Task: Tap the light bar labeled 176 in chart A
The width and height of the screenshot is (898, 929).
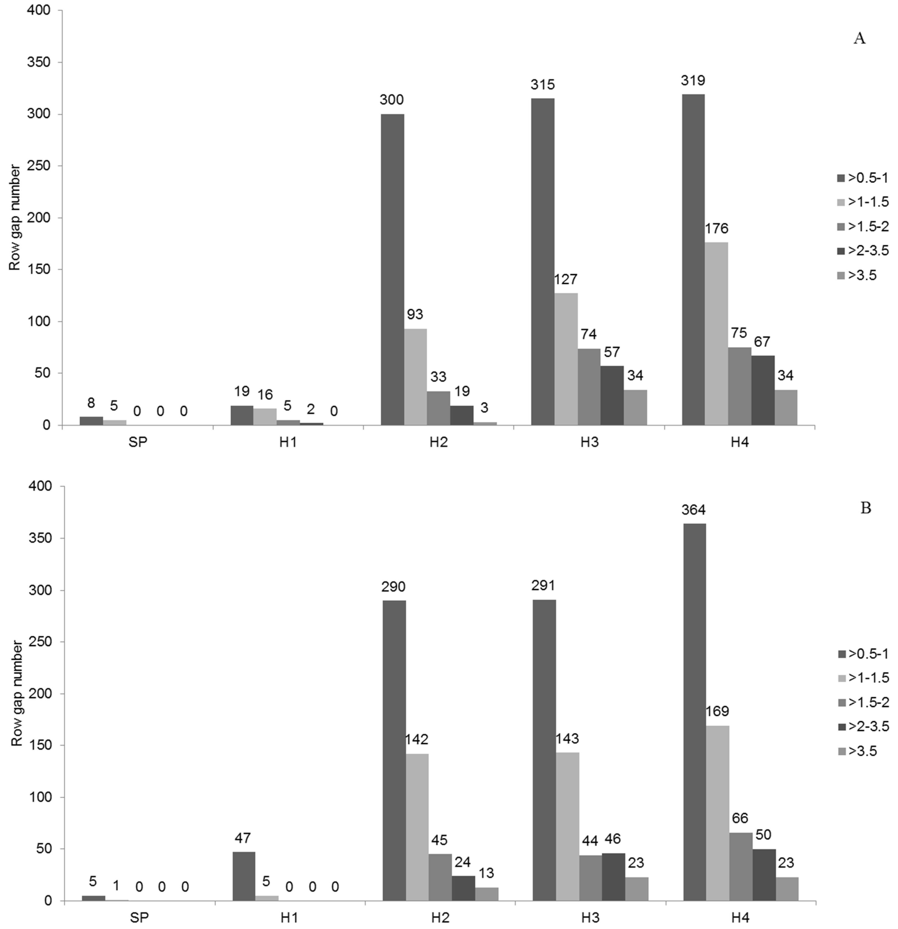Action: tap(716, 334)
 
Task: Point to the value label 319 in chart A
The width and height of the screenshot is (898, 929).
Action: tap(693, 80)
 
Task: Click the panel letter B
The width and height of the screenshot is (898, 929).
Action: tap(865, 508)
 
